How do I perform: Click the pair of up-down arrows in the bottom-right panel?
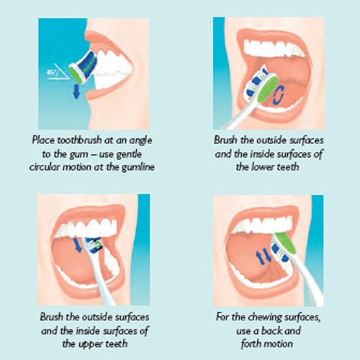tap(263, 254)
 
